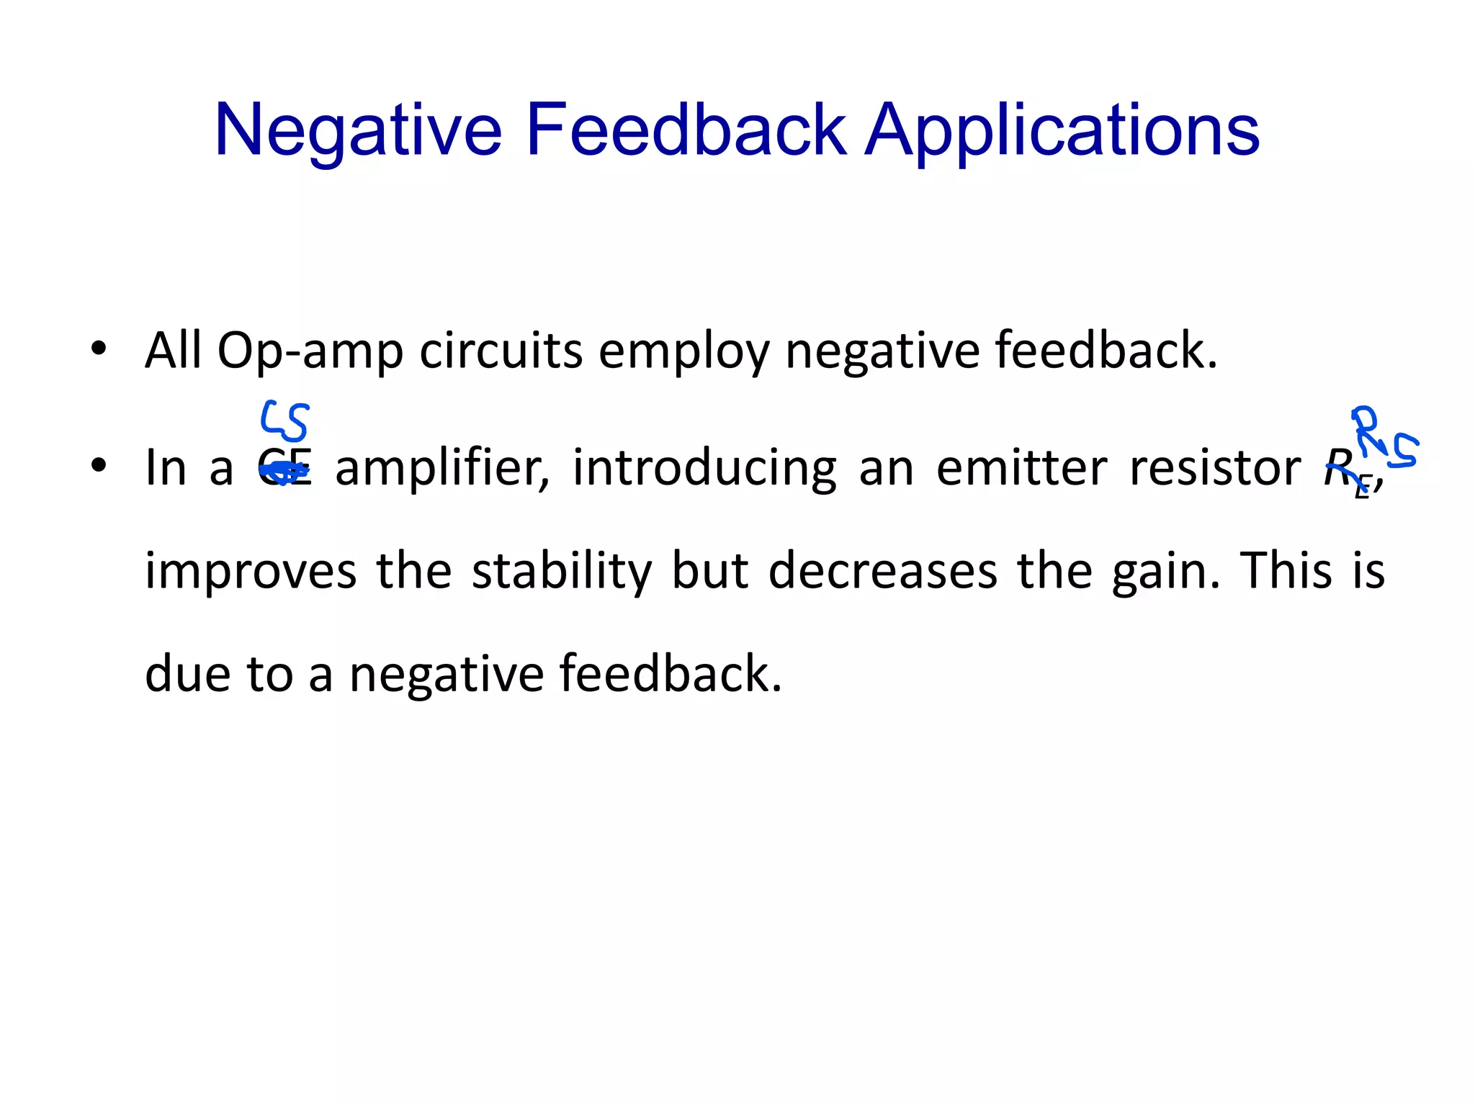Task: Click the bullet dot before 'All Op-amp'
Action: coord(99,349)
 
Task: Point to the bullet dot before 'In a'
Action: coord(99,464)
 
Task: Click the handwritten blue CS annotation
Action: coord(284,421)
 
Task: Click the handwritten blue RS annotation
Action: coord(1383,439)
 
